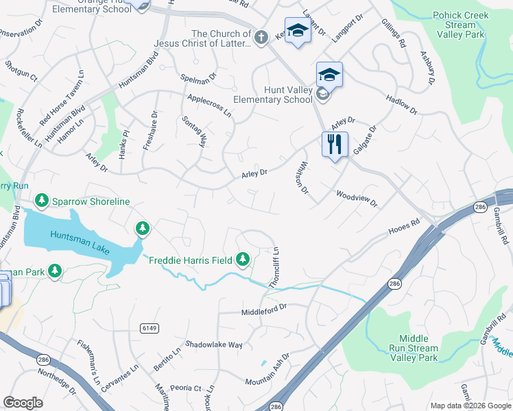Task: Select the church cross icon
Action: [x=261, y=38]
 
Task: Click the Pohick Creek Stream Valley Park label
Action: [x=460, y=25]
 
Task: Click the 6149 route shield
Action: [x=150, y=329]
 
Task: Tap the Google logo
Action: [x=23, y=403]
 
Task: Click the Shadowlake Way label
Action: [x=214, y=345]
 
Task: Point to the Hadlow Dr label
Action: [x=401, y=104]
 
